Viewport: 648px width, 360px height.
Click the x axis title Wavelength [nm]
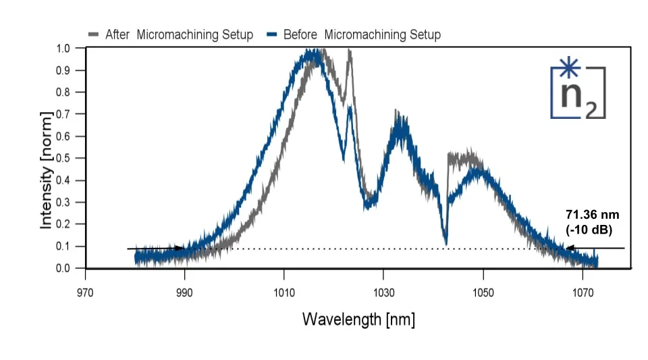tap(358, 319)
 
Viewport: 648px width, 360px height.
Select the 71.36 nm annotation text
tap(592, 215)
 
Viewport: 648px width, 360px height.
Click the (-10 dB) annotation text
tap(589, 230)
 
